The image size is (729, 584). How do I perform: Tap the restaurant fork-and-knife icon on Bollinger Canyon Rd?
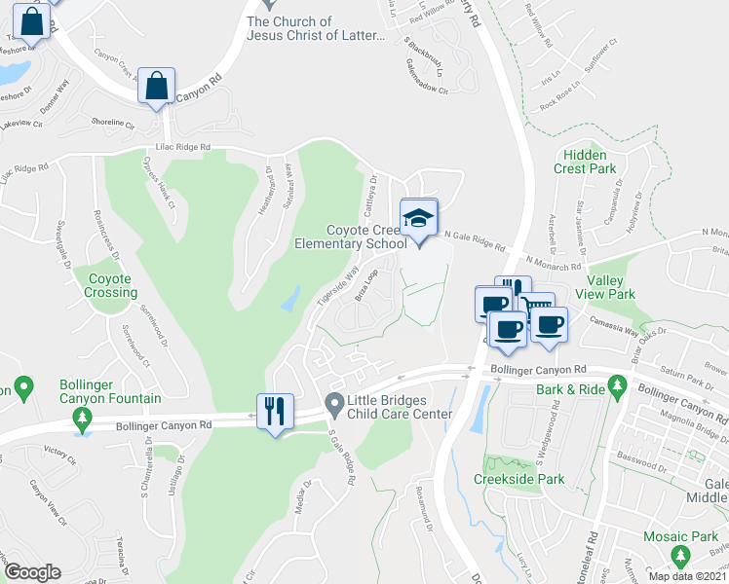click(274, 409)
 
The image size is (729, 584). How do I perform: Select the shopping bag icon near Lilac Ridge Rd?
click(156, 86)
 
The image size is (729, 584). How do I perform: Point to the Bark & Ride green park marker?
click(617, 388)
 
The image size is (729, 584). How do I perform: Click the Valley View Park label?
click(604, 287)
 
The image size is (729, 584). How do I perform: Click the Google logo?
click(33, 572)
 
